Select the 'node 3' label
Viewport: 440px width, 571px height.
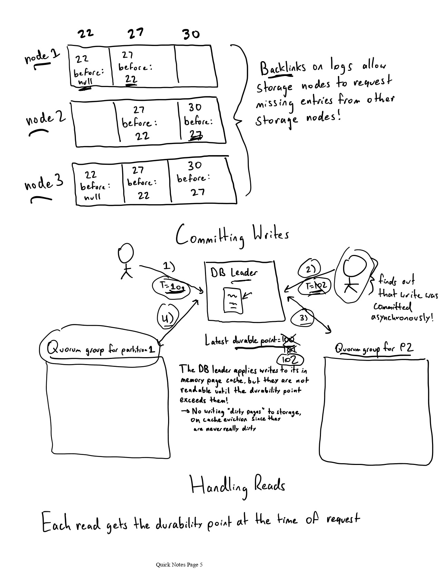pos(44,183)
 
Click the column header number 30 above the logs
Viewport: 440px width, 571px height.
pos(191,34)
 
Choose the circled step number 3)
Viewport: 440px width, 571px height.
pos(303,318)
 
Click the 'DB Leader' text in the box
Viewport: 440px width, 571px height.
pos(234,273)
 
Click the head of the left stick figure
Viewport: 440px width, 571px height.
pos(125,254)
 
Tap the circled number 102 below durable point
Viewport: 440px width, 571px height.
pos(290,360)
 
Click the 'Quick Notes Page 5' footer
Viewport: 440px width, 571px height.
pos(179,565)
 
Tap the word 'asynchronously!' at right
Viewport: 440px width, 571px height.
pos(402,317)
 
